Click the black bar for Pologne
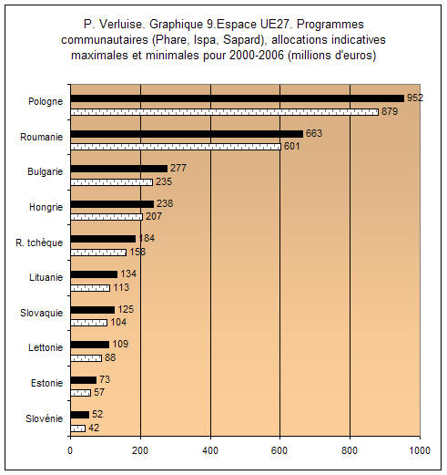click(x=238, y=98)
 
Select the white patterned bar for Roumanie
click(x=176, y=147)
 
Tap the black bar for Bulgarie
click(x=119, y=169)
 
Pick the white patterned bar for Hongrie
click(x=107, y=217)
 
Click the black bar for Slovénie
click(x=80, y=415)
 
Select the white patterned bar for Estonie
click(x=81, y=393)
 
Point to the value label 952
click(x=415, y=98)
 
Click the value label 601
click(x=292, y=146)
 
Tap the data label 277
click(x=178, y=168)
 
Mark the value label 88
click(x=110, y=357)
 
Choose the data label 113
click(x=121, y=287)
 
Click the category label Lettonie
click(x=46, y=347)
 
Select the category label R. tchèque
click(x=39, y=243)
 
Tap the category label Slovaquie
click(x=42, y=313)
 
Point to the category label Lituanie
click(x=46, y=277)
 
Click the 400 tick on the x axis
click(x=210, y=450)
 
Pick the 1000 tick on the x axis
click(x=420, y=450)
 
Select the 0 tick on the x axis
click(x=70, y=450)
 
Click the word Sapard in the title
click(x=242, y=40)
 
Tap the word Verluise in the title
click(x=121, y=25)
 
